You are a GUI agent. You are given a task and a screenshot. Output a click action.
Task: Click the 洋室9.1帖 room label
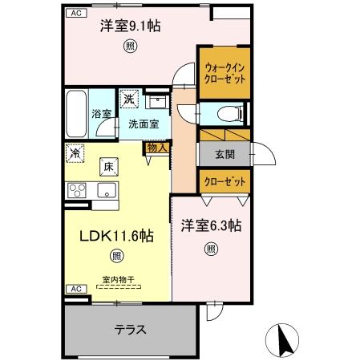(x=130, y=26)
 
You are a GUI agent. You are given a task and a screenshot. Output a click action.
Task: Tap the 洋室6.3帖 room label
(x=210, y=226)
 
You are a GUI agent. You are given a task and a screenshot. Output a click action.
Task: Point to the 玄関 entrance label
(x=224, y=152)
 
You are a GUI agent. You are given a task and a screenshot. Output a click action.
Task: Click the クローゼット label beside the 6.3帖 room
(x=224, y=183)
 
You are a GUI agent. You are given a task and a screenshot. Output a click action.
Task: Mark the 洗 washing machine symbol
(x=128, y=99)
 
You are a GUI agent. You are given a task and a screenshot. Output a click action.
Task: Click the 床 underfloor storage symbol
(x=107, y=167)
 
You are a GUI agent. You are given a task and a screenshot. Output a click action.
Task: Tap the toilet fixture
(x=227, y=113)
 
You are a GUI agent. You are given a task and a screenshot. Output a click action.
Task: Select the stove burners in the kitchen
(x=77, y=190)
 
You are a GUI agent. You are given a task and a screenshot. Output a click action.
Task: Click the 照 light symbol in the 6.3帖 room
(x=210, y=248)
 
